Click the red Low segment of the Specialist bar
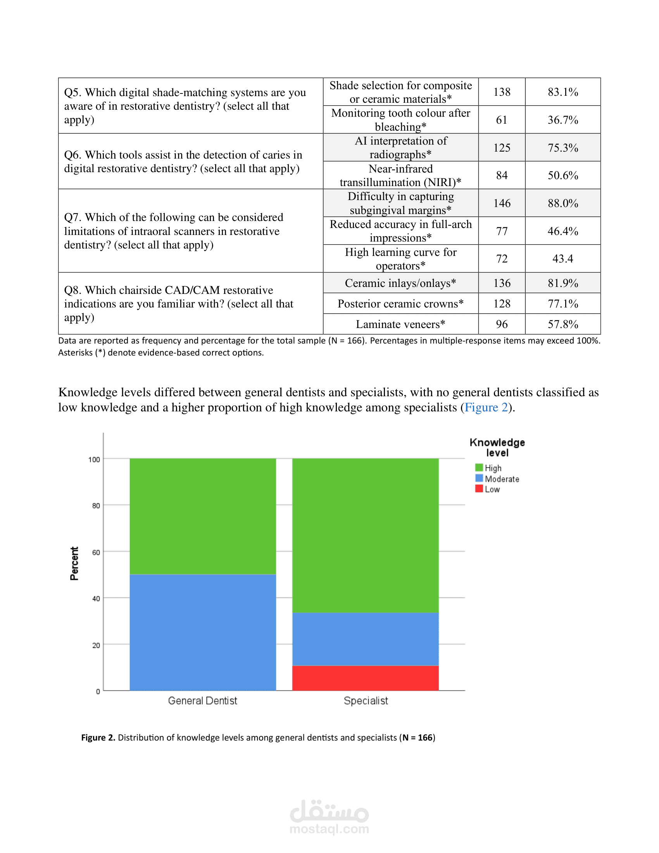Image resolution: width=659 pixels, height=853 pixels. pos(366,678)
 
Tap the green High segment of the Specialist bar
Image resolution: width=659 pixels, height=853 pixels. pos(366,535)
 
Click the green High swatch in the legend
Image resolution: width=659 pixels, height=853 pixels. pos(479,468)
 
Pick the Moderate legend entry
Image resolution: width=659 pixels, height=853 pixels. pos(502,479)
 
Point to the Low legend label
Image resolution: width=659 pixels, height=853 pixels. pos(492,489)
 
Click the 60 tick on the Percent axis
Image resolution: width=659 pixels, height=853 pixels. pos(96,552)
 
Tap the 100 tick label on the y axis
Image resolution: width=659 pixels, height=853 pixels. pos(94,459)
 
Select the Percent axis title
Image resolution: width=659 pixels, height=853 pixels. pos(74,563)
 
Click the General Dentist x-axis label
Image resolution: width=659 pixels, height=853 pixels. pos(203,701)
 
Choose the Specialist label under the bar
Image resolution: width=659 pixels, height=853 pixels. pos(366,701)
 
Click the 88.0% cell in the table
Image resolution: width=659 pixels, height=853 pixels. pos(562,203)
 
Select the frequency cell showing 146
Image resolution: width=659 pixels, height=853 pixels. pos(502,203)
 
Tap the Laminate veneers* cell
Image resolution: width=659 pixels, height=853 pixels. pos(400,324)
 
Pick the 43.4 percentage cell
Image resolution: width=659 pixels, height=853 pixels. pos(562,259)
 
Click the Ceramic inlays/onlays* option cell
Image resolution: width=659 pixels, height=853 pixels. pos(400,283)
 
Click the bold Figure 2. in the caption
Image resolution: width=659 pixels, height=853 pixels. pos(98,737)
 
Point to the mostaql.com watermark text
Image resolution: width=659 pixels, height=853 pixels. pos(329,829)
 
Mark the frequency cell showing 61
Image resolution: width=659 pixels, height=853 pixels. pos(502,120)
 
